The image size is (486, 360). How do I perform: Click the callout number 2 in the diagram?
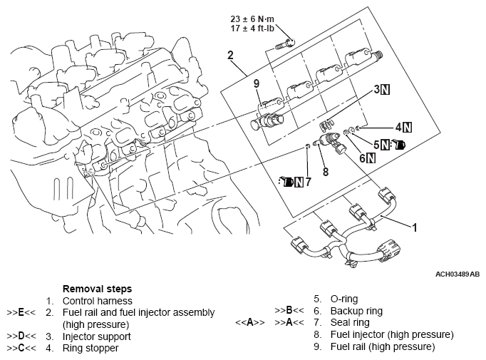click(230, 56)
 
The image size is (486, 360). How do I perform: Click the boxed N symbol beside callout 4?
click(406, 128)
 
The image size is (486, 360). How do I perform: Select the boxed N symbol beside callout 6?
click(371, 158)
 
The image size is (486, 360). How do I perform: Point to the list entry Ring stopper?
click(91, 348)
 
